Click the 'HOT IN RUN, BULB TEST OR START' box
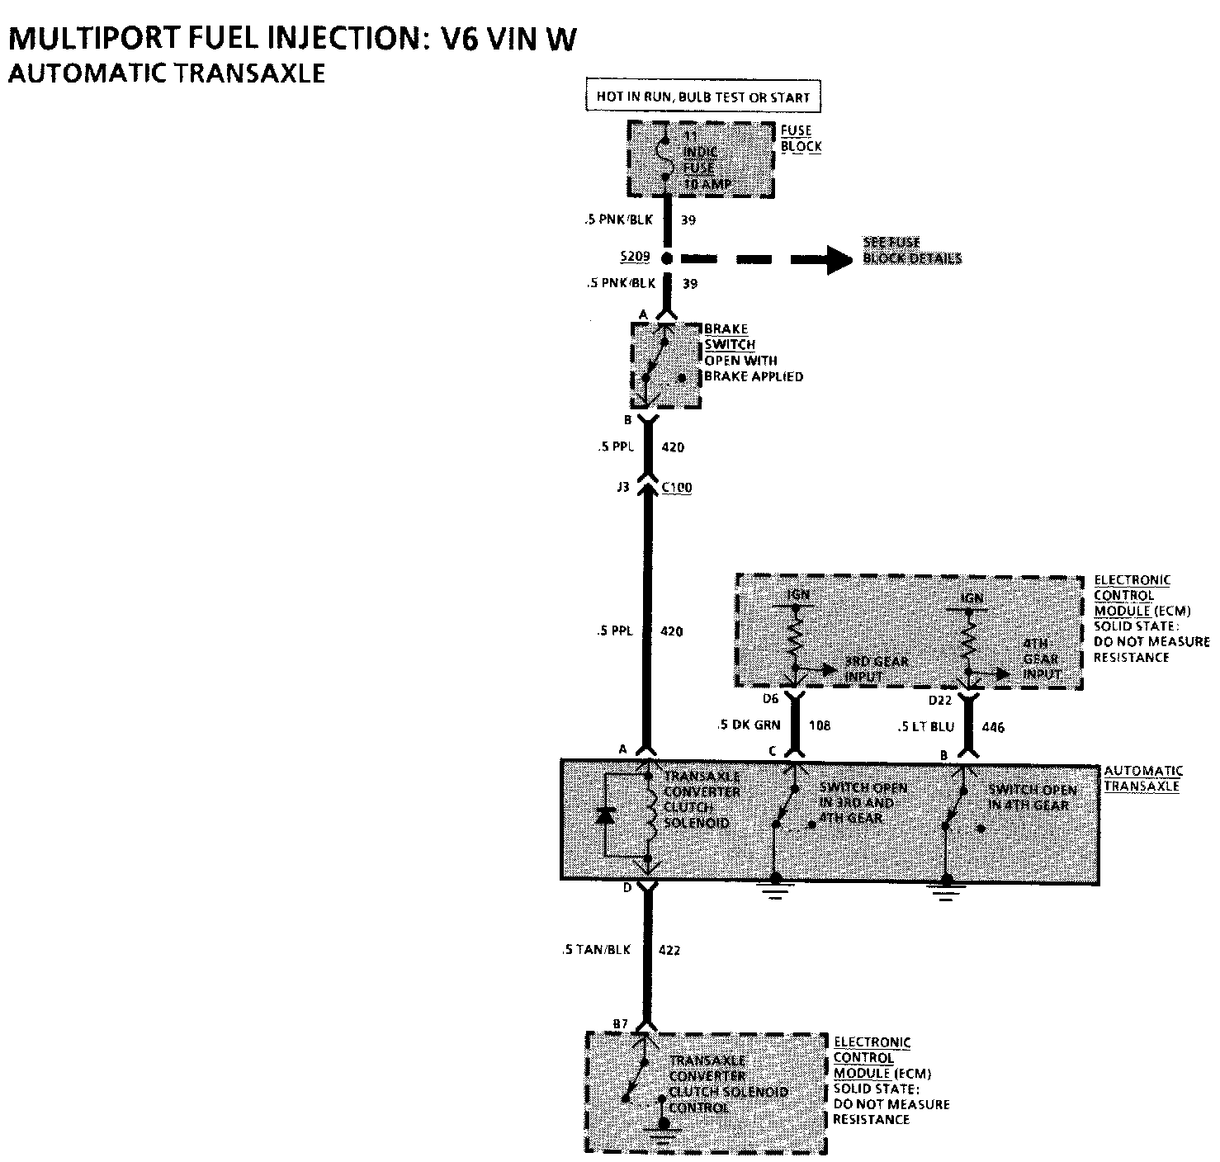pyautogui.click(x=703, y=97)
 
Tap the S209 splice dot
pyautogui.click(x=667, y=258)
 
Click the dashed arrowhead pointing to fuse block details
pyautogui.click(x=839, y=259)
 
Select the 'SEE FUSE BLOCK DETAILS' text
pyautogui.click(x=911, y=250)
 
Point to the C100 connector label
pyautogui.click(x=678, y=488)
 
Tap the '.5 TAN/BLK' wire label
pyautogui.click(x=595, y=950)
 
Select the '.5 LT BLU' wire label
pyautogui.click(x=924, y=727)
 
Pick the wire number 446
pyautogui.click(x=993, y=727)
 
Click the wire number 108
pyautogui.click(x=820, y=725)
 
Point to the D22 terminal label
pyautogui.click(x=939, y=701)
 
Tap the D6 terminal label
pyautogui.click(x=770, y=700)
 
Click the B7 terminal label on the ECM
pyautogui.click(x=621, y=1024)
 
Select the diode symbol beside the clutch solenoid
pyautogui.click(x=605, y=815)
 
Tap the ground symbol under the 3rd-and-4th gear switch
pyautogui.click(x=774, y=889)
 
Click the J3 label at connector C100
pyautogui.click(x=622, y=488)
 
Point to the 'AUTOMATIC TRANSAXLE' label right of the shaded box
pyautogui.click(x=1142, y=778)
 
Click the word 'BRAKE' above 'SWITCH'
pyautogui.click(x=726, y=328)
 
